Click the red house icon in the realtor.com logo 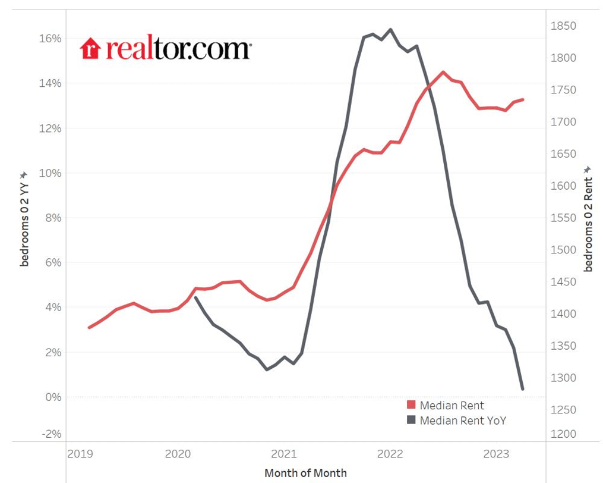tap(90, 49)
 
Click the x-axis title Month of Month tap(305, 473)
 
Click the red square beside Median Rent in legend tap(411, 406)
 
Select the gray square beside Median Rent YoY tap(411, 421)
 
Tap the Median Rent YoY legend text tap(463, 421)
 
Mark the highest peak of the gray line tap(390, 29)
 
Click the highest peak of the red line tap(443, 72)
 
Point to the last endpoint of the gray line tap(522, 389)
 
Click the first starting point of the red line tap(89, 327)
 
